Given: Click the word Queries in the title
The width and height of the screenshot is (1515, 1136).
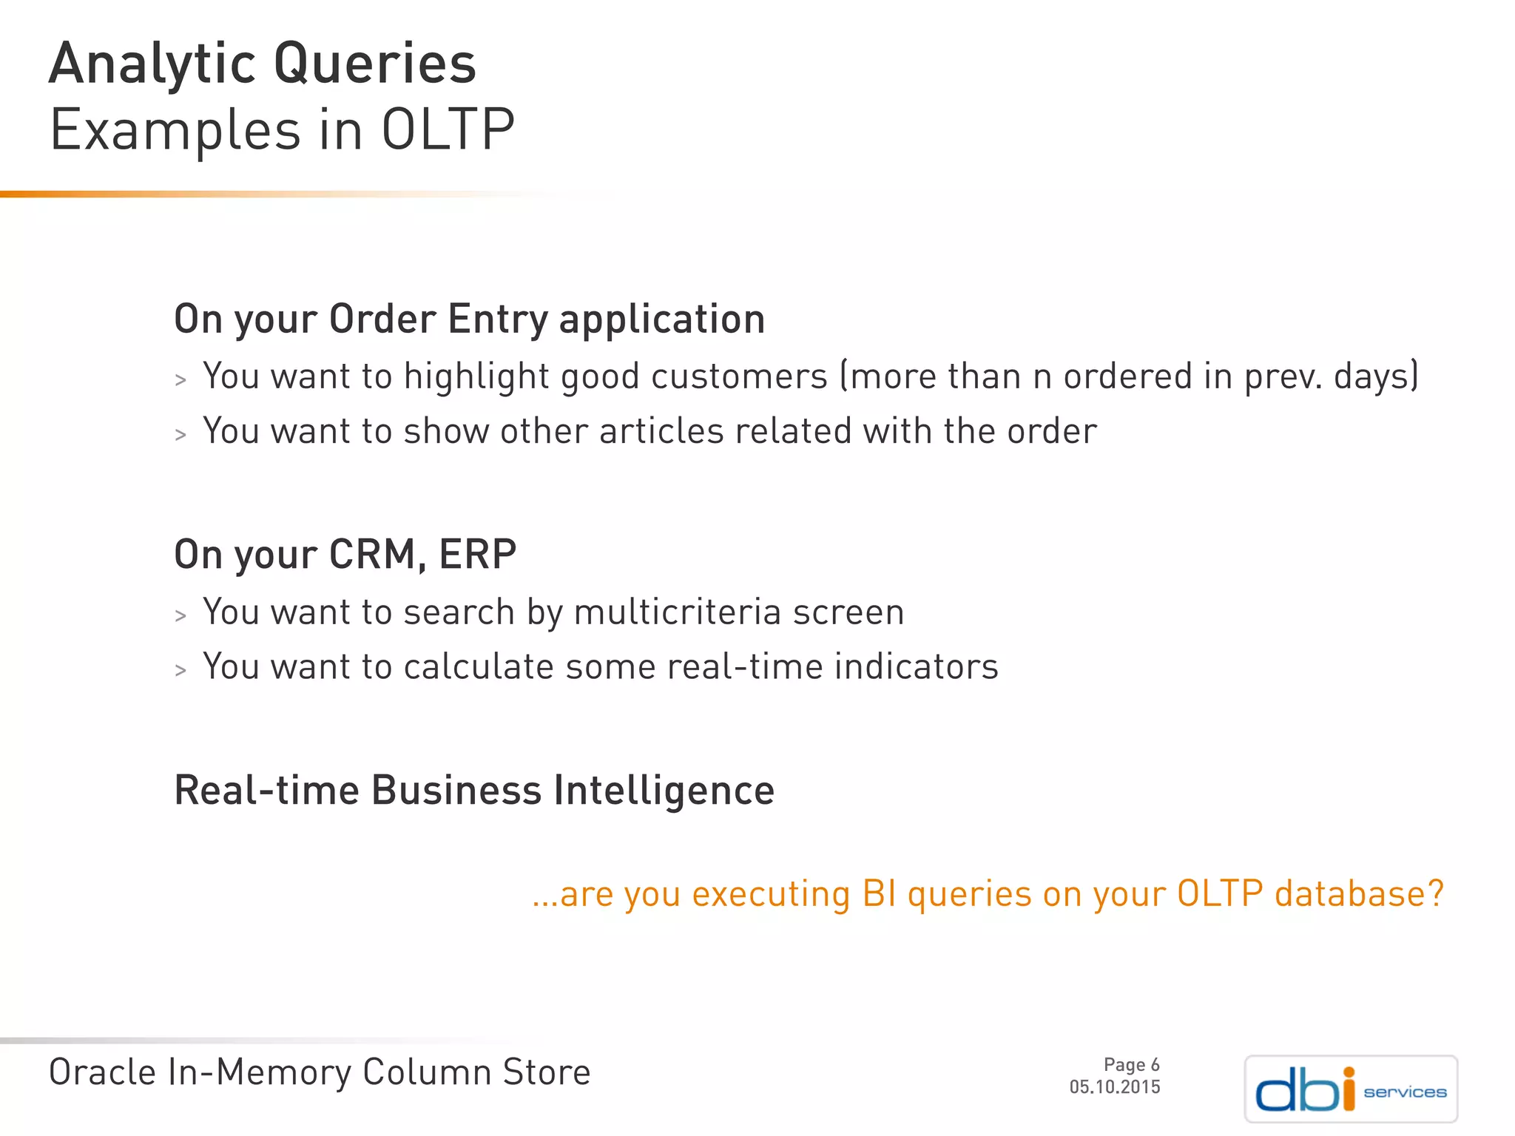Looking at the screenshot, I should click(x=374, y=65).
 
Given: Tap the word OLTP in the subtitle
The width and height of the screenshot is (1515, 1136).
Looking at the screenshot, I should click(x=448, y=130).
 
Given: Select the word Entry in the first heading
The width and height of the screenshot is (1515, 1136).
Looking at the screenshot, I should click(x=498, y=319).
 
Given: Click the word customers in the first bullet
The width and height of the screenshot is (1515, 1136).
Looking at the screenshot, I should click(x=739, y=376).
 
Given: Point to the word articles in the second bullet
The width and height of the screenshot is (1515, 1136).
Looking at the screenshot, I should click(x=661, y=431).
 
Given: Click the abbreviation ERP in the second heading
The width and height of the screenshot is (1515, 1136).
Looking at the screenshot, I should click(x=477, y=554).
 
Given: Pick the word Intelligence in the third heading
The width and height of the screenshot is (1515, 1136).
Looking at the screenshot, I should click(x=664, y=791).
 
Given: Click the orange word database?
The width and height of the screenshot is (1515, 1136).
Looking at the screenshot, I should click(x=1359, y=893).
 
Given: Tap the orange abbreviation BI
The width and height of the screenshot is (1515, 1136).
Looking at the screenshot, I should click(x=880, y=893).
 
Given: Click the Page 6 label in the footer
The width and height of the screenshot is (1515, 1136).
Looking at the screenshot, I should click(x=1131, y=1065).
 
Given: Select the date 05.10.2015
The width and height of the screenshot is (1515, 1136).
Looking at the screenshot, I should click(x=1115, y=1087).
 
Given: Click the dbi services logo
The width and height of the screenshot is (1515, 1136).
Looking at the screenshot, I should click(x=1351, y=1089).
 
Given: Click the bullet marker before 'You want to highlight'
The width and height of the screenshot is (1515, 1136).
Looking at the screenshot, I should click(x=180, y=380).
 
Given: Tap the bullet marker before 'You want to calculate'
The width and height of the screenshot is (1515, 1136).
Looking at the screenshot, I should click(x=180, y=671).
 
